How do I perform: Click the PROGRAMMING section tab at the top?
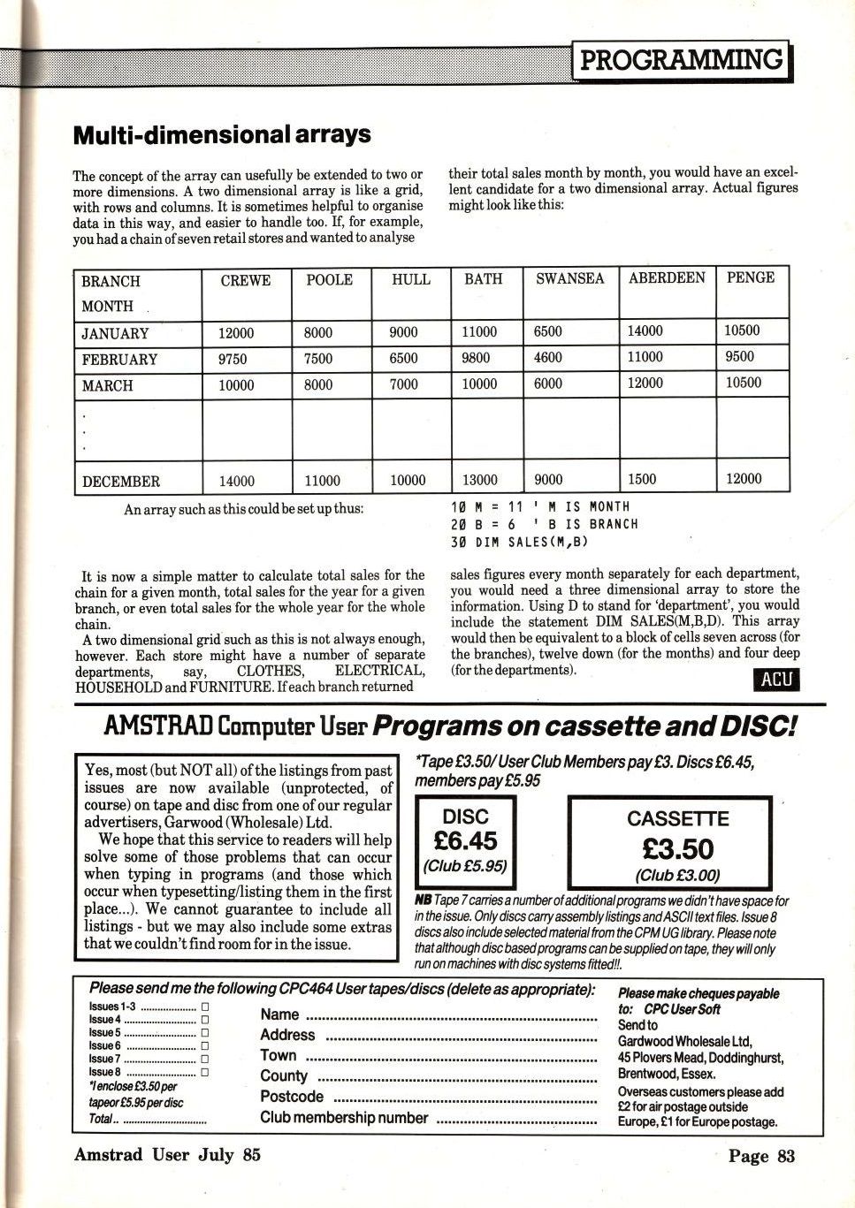coord(682,60)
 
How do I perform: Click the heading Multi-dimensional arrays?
coord(221,135)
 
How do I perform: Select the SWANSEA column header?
coord(569,278)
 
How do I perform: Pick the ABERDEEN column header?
coord(667,277)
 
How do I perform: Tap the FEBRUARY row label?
coord(119,360)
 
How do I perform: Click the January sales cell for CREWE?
coord(236,333)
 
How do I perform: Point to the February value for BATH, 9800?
coord(480,358)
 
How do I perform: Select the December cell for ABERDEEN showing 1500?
coord(642,479)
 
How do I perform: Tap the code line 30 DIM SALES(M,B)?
coord(520,542)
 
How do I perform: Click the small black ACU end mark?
coord(775,679)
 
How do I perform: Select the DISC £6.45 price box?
coord(465,841)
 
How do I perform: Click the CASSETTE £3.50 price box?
coord(677,844)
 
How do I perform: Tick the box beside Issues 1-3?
coord(204,1006)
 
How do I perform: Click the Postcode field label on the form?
coord(292,1097)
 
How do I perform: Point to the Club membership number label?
coord(344,1118)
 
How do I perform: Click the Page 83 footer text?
coord(761,1156)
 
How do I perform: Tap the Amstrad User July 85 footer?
coord(167,1155)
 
